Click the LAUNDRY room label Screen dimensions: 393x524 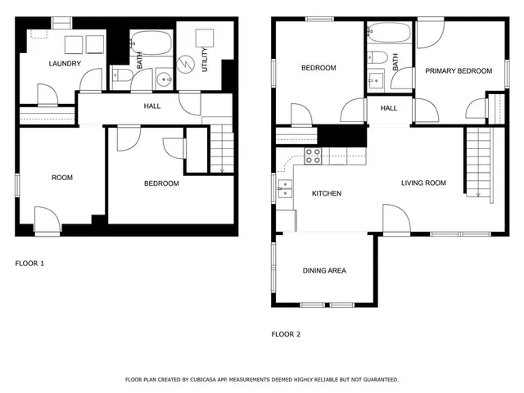(64, 64)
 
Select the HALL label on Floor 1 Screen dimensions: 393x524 (152, 106)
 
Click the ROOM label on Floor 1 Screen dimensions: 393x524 (62, 178)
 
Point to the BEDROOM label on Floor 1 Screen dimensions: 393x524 (161, 183)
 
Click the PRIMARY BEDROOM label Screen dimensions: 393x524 (458, 71)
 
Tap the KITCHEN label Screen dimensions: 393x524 (327, 193)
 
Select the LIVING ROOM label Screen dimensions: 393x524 (423, 183)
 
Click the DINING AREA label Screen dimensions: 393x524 (324, 270)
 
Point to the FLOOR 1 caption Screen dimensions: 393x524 (30, 264)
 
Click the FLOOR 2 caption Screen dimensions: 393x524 (286, 334)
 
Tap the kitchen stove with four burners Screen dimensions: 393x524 (314, 156)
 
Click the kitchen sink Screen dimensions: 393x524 (284, 189)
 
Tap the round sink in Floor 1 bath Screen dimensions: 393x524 (163, 79)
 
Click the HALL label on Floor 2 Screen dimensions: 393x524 (389, 108)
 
